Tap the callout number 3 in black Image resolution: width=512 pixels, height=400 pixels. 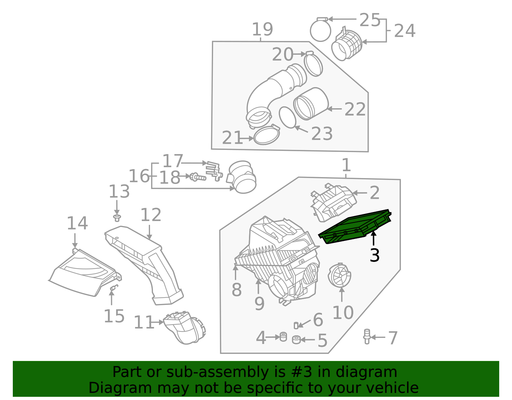[x=374, y=256]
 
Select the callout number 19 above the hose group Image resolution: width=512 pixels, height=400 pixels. [x=262, y=29]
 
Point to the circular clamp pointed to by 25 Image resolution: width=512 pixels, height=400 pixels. [x=320, y=30]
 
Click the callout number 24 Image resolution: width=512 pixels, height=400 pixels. [x=404, y=31]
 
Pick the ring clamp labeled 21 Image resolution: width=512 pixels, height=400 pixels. [x=267, y=135]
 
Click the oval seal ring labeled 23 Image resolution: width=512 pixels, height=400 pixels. [x=287, y=117]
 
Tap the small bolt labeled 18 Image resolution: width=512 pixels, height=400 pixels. [x=198, y=177]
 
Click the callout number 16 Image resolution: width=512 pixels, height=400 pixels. [x=139, y=176]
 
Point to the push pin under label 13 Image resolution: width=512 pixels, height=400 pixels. [x=117, y=218]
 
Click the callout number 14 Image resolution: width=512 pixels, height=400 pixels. [x=77, y=223]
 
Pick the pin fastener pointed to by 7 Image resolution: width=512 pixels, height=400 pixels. [x=367, y=337]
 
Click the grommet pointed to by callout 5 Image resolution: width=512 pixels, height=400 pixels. [x=296, y=339]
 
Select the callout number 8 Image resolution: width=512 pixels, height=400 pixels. [x=236, y=290]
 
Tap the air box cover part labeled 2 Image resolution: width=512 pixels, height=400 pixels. [x=333, y=202]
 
